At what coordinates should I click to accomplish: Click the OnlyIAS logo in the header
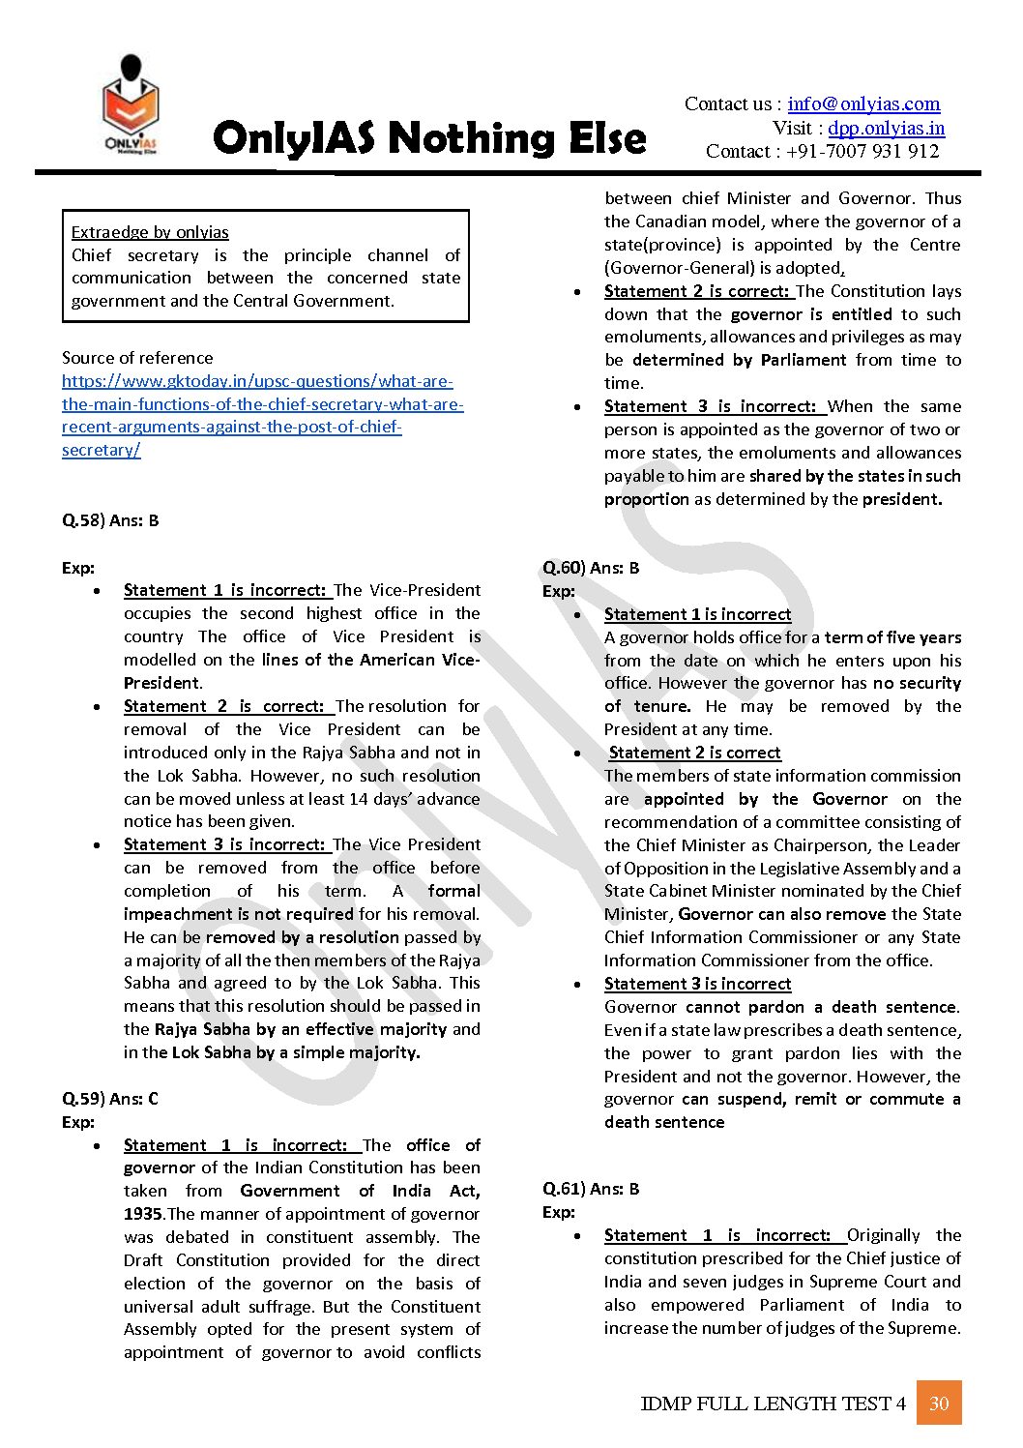tap(131, 105)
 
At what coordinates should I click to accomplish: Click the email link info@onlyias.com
tap(863, 103)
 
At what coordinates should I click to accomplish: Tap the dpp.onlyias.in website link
tap(886, 128)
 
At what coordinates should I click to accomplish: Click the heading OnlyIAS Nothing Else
tap(429, 138)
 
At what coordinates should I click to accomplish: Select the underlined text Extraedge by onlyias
tap(150, 232)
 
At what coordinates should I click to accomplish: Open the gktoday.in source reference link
tap(262, 415)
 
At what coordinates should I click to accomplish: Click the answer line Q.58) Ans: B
tap(110, 520)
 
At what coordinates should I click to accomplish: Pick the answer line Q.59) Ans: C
tap(110, 1099)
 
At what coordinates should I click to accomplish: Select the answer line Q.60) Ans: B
tap(591, 568)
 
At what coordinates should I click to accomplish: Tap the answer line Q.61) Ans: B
tap(591, 1189)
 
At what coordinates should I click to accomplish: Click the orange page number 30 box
tap(939, 1404)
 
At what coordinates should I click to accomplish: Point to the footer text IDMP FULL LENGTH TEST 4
tap(773, 1404)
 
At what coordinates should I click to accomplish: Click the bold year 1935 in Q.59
tap(143, 1214)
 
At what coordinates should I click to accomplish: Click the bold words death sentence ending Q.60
tap(664, 1122)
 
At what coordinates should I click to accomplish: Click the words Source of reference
tap(137, 358)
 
